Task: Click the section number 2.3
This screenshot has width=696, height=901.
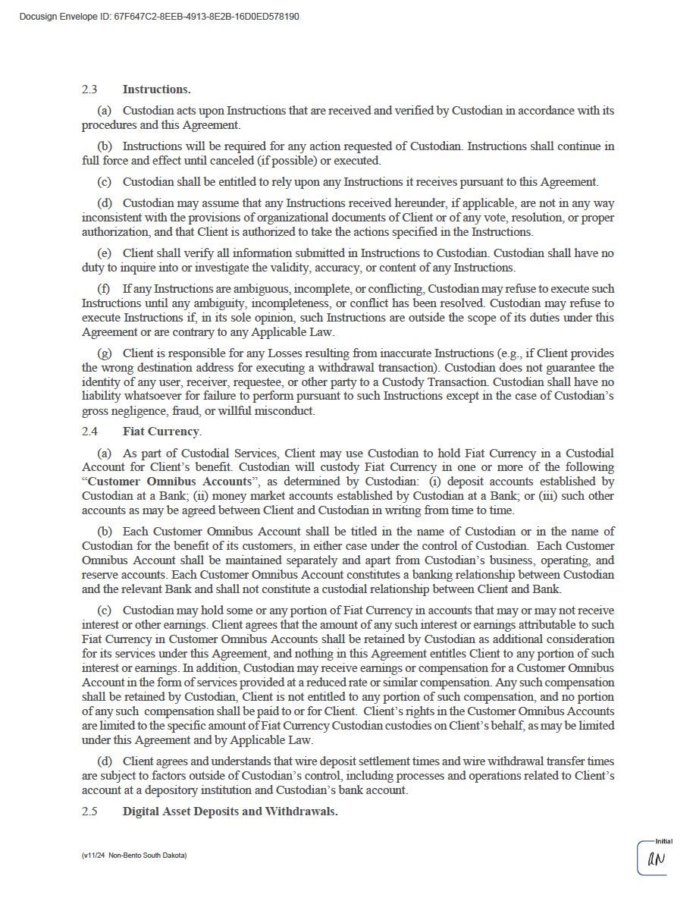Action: (89, 89)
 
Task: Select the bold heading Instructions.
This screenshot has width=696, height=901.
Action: (156, 89)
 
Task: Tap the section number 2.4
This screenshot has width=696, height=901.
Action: (89, 432)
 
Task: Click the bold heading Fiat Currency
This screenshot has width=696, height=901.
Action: (161, 432)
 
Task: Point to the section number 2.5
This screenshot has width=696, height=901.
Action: (89, 812)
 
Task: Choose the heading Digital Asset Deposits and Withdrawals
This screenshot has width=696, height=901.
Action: (230, 812)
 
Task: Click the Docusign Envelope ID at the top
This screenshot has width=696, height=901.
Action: (158, 16)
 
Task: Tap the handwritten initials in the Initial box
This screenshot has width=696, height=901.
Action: (656, 860)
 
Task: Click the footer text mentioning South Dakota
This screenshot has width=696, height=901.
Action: (134, 855)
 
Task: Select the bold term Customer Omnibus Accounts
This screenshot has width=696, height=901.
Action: (169, 482)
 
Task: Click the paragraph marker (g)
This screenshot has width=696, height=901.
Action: (105, 354)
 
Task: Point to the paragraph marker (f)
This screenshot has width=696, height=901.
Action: (104, 289)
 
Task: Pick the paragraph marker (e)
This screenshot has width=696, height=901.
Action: (105, 253)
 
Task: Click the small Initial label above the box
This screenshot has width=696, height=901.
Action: (663, 841)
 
